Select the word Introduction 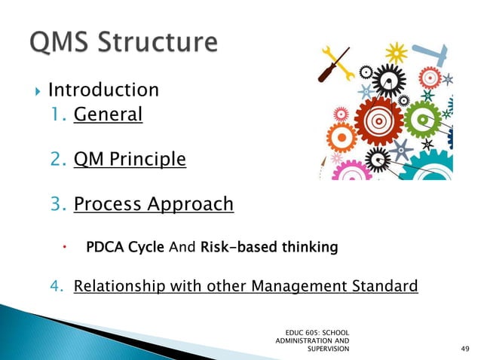(x=103, y=90)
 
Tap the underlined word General (x=108, y=114)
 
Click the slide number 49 (x=464, y=349)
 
